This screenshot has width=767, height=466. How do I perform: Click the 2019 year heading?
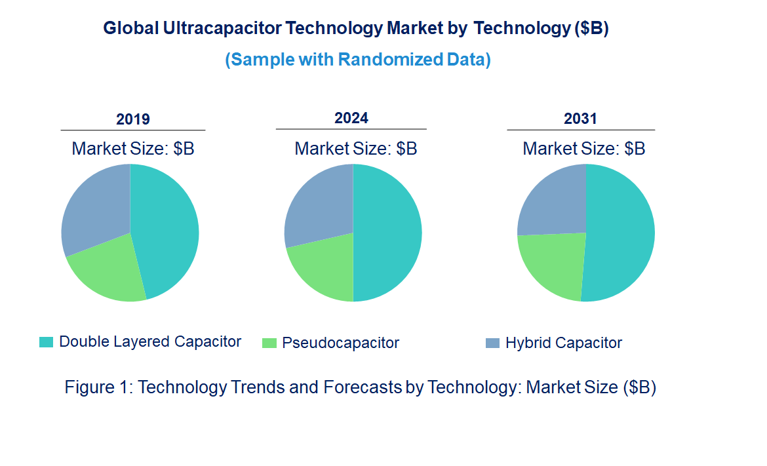[133, 119]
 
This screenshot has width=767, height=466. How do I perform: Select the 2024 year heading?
[351, 118]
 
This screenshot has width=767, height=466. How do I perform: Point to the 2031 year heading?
[581, 119]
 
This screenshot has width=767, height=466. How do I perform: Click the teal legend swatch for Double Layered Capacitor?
[46, 342]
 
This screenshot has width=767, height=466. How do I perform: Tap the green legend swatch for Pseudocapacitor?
[269, 343]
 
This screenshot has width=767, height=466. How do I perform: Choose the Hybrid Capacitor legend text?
[563, 343]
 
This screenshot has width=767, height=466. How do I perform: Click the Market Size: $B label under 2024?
[356, 148]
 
